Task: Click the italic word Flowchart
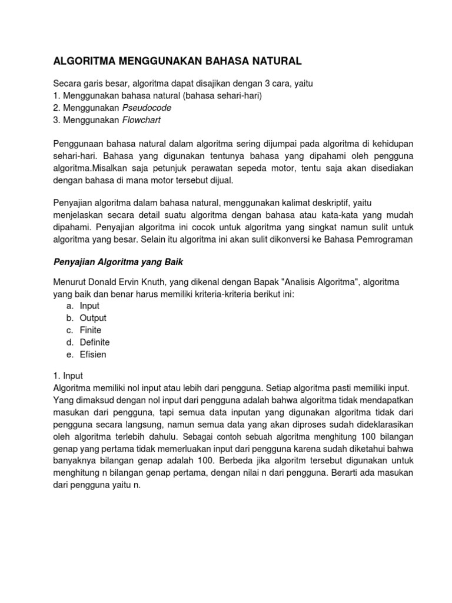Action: (141, 120)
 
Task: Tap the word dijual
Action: (220, 180)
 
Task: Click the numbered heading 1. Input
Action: (68, 376)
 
